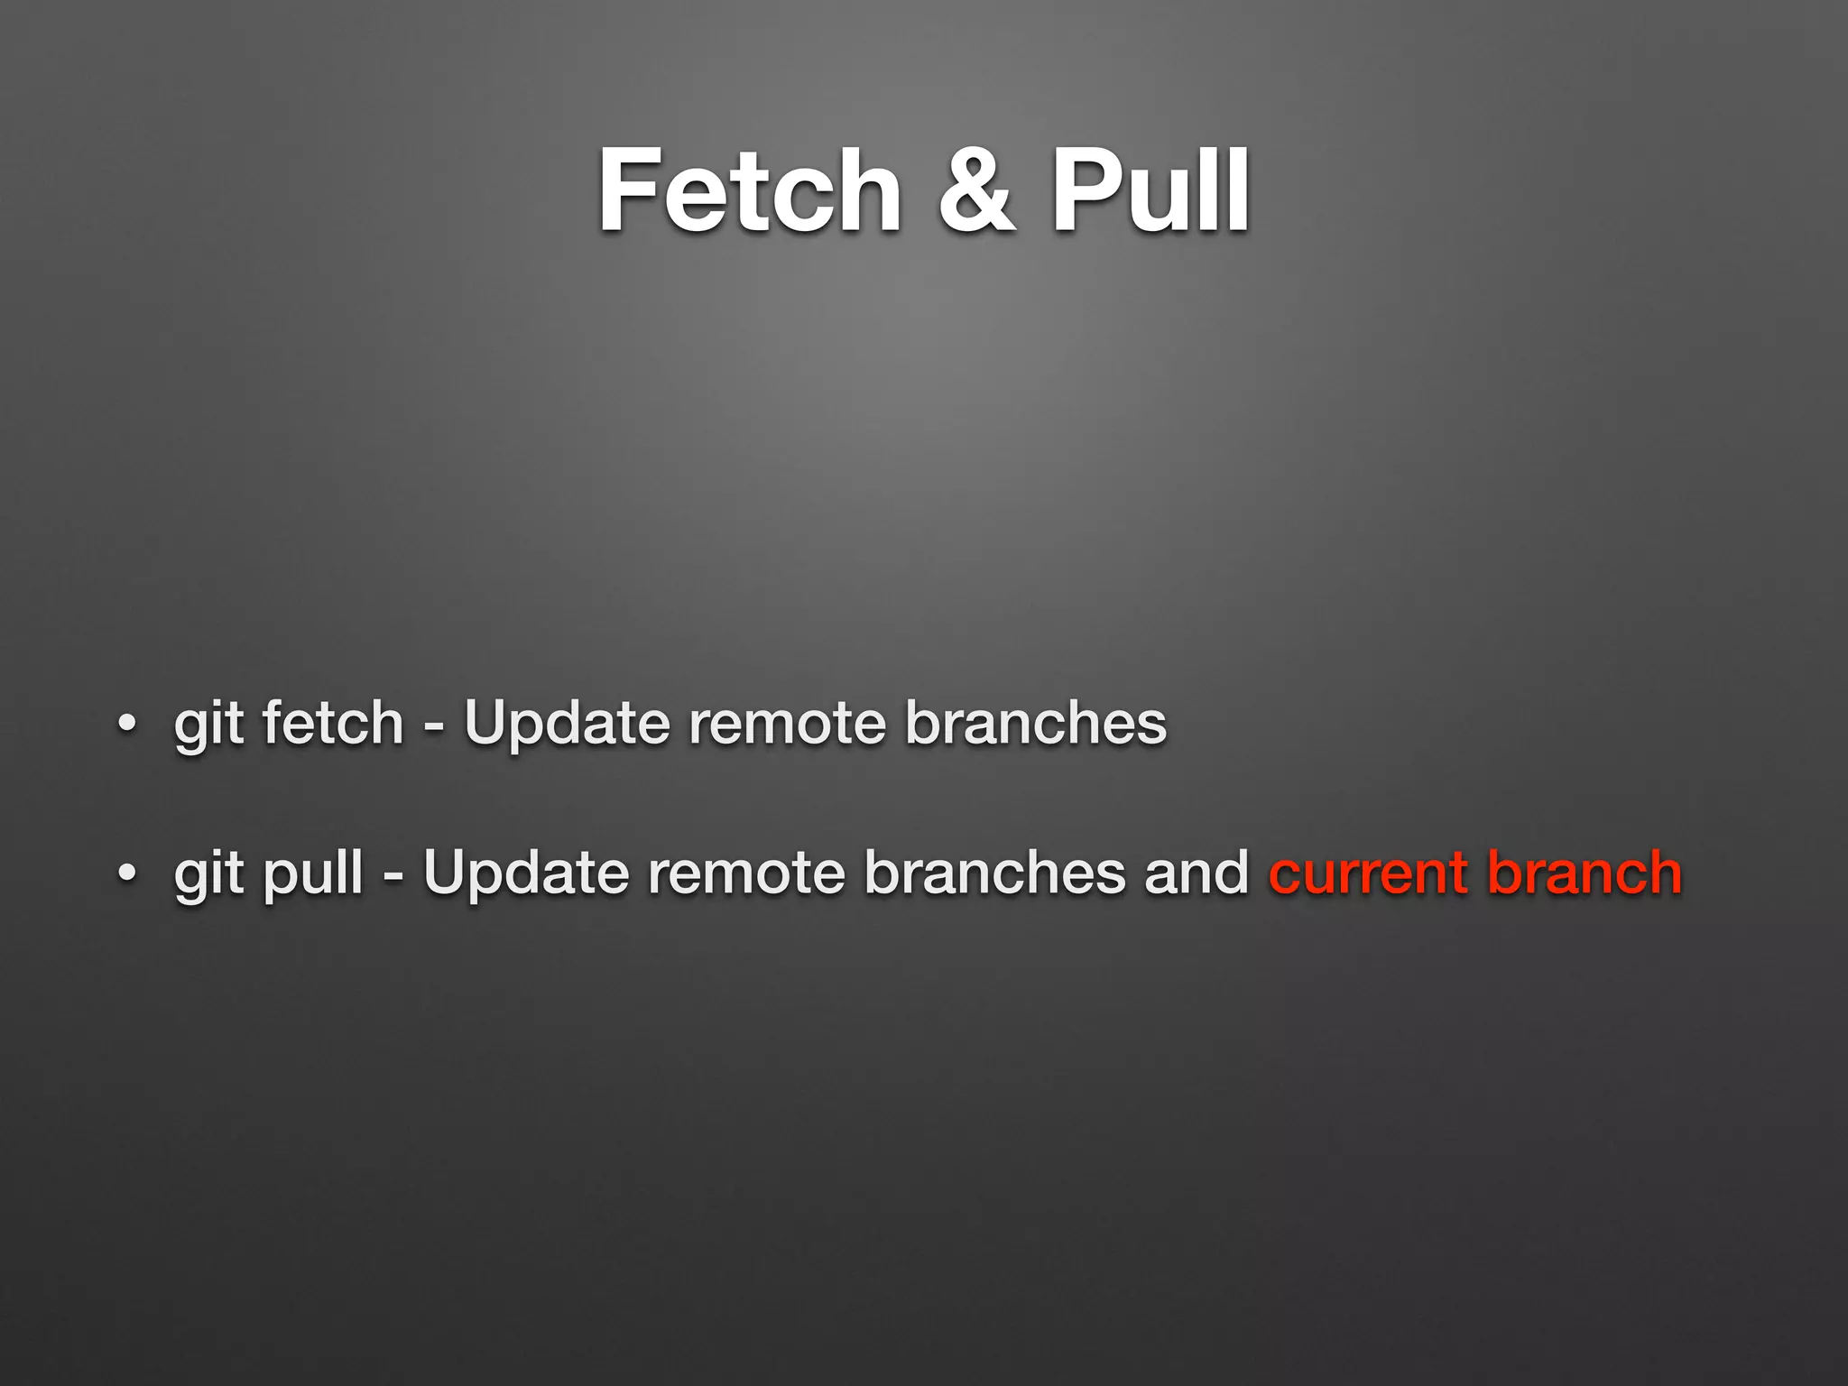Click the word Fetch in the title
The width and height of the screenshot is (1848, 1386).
coord(749,191)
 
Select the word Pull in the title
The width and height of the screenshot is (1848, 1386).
coord(1150,191)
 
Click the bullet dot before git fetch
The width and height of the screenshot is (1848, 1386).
coord(127,724)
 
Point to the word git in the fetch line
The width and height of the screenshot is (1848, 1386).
coord(208,725)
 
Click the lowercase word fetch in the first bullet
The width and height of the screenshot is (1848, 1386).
coord(332,724)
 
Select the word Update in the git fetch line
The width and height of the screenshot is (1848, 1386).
coord(567,725)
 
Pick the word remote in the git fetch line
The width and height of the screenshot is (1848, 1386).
coord(787,724)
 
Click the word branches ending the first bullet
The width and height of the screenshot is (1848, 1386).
coord(1035,724)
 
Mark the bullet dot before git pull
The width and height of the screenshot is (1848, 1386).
coord(127,873)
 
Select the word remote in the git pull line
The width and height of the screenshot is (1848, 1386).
coord(746,873)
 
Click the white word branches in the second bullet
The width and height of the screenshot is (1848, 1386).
coord(994,873)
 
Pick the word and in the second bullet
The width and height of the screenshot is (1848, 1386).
coord(1197,873)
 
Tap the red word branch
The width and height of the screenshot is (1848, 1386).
coord(1585,873)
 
